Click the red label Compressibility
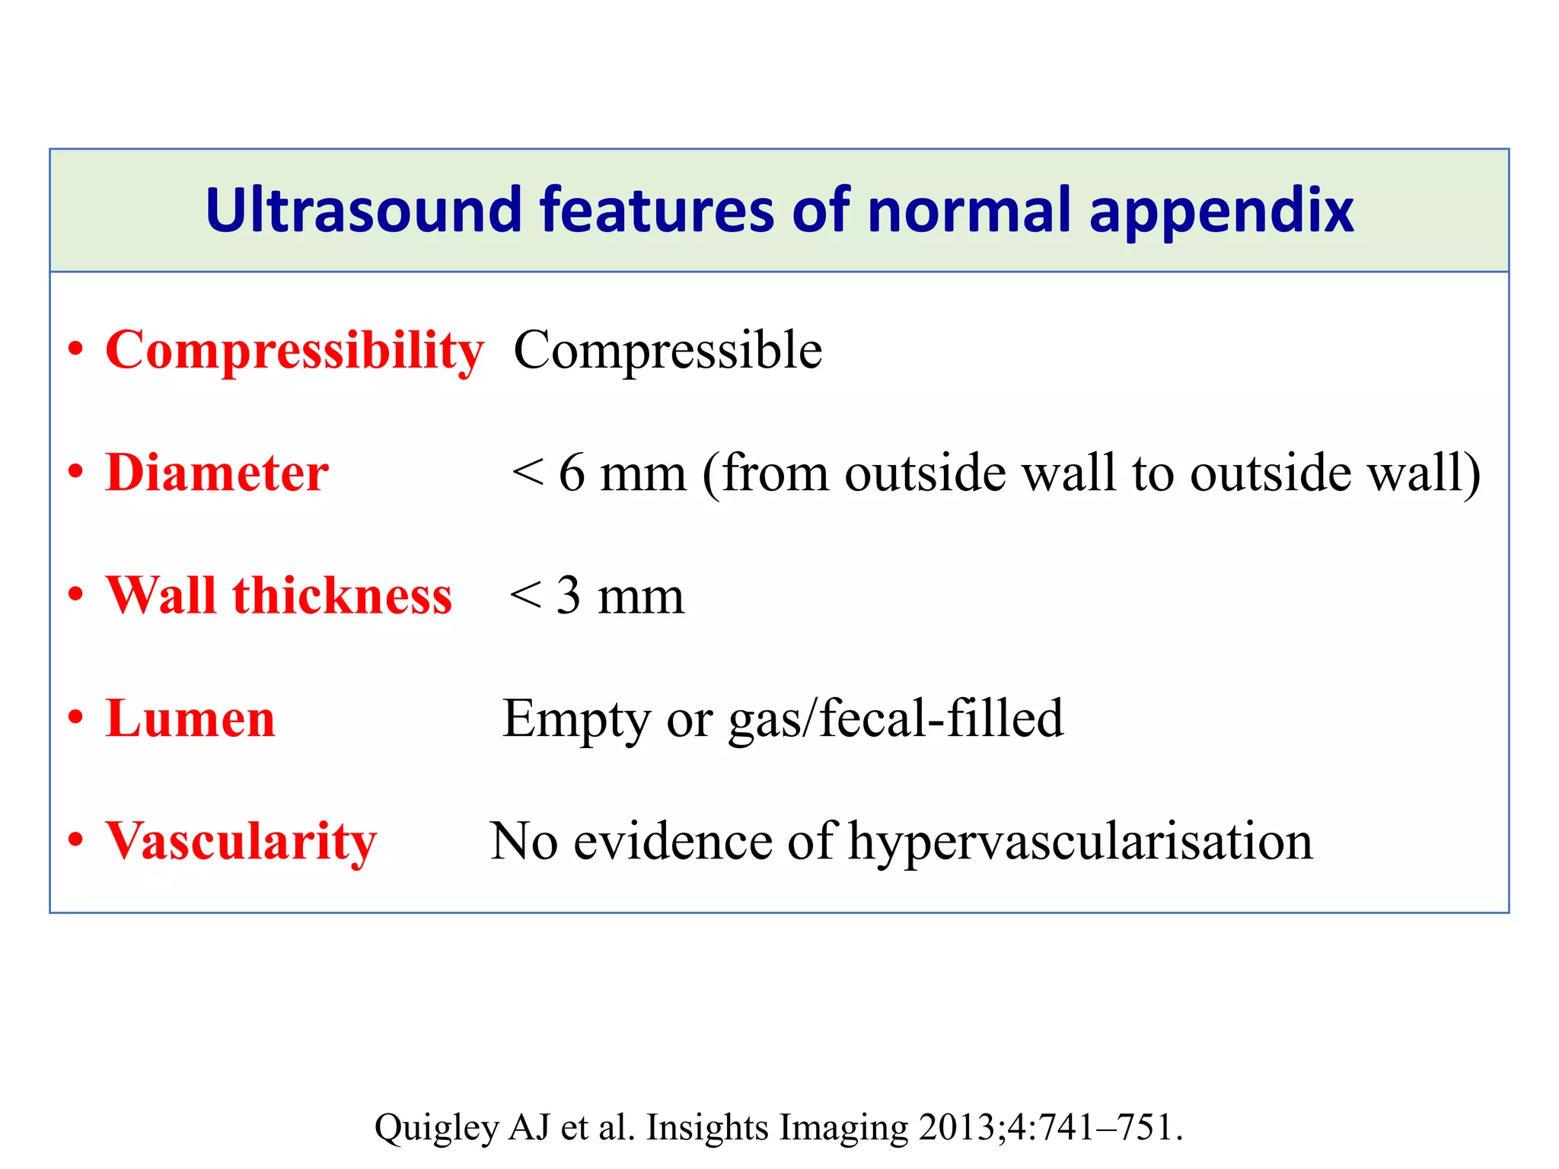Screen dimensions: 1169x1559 [x=295, y=351]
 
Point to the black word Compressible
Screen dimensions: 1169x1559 [x=668, y=351]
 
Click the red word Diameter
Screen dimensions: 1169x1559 [x=217, y=473]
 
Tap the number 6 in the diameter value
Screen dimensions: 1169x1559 [x=572, y=473]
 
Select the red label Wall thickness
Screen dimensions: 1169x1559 [x=279, y=596]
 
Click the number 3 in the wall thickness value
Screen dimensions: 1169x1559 [x=569, y=597]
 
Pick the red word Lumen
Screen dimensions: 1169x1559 [x=190, y=718]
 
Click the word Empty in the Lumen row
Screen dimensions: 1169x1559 [x=576, y=720]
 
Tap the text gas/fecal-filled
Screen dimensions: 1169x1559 [x=896, y=720]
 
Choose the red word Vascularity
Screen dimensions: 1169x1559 [x=241, y=843]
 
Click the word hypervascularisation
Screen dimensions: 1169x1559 [x=1080, y=843]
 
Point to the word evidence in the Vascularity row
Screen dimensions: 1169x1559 [x=673, y=843]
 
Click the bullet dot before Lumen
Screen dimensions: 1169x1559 [x=75, y=717]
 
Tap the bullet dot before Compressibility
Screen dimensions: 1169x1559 [x=75, y=349]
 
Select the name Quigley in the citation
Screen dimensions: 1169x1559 [x=435, y=1128]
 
